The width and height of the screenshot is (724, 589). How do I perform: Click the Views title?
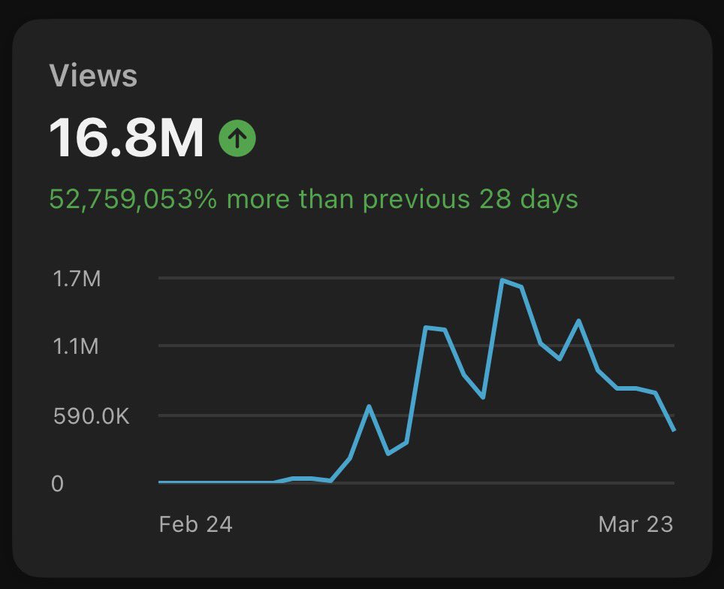pos(93,75)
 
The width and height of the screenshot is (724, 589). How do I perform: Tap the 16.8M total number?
pos(126,137)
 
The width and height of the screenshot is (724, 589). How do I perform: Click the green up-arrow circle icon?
pos(237,138)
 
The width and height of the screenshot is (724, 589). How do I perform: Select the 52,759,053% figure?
pos(133,199)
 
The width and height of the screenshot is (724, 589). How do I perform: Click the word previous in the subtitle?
pos(416,200)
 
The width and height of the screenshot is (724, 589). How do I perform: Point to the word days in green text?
pos(549,200)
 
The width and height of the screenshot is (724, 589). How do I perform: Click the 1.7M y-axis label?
pos(77,279)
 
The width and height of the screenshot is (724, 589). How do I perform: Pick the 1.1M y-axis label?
pos(76,346)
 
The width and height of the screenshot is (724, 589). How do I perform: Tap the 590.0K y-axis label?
pos(92,415)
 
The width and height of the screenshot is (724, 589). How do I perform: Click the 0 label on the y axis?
pos(57,484)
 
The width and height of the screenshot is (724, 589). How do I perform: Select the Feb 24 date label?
pos(195,524)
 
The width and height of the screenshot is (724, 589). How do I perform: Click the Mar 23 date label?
pos(635,524)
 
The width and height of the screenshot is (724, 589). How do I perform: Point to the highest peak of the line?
pos(502,280)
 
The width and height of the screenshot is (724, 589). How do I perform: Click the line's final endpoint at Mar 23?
pos(674,430)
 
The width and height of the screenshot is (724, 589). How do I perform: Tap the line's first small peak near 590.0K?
pos(369,406)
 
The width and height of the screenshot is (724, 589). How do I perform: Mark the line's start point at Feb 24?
pos(160,482)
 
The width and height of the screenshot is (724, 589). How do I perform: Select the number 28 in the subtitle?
pos(495,199)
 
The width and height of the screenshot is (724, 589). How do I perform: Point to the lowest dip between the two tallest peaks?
pos(483,397)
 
